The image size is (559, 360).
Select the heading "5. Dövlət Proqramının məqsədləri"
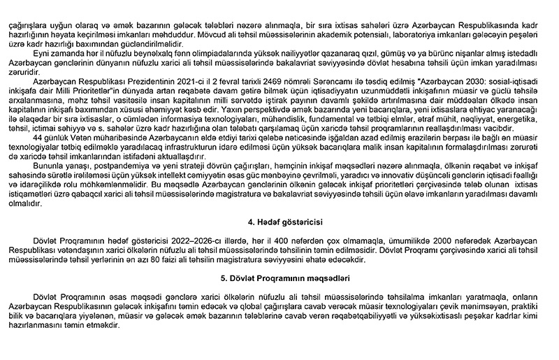tap(279, 278)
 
